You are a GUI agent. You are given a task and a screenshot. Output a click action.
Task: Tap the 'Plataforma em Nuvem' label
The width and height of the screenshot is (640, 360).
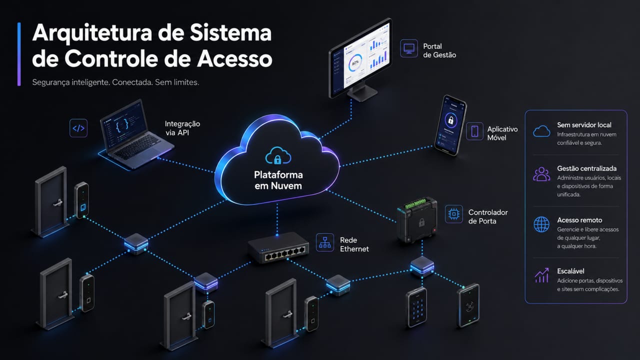click(278, 180)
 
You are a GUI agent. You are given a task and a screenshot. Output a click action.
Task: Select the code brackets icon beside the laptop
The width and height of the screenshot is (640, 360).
click(78, 128)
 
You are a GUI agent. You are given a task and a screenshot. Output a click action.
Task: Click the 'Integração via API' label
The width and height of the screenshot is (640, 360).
click(182, 128)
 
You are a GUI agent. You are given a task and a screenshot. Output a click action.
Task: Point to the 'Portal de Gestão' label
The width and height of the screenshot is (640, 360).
click(439, 50)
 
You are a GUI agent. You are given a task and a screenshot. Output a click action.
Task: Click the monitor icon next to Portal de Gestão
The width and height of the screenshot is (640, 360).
click(409, 48)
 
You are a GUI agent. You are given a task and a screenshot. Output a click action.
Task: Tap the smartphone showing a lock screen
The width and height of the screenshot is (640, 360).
click(450, 125)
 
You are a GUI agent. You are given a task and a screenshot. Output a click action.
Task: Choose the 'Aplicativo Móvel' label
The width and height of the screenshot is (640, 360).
click(502, 133)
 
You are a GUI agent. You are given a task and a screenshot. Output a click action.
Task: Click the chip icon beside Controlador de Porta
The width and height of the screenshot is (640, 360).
click(453, 214)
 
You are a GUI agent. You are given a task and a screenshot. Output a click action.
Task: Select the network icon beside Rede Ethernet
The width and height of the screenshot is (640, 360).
click(325, 242)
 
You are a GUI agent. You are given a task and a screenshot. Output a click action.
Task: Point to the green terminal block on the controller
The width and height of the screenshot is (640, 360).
click(415, 203)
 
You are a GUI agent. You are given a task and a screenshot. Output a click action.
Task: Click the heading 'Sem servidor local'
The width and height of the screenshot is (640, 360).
click(584, 125)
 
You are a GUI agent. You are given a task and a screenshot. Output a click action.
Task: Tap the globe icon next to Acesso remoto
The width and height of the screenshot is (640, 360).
click(541, 224)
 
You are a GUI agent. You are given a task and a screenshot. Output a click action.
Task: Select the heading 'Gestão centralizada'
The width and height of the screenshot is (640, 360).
click(586, 168)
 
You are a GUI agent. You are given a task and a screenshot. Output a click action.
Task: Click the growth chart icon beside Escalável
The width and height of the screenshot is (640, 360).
click(541, 275)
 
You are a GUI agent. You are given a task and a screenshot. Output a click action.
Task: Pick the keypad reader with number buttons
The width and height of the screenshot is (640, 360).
click(416, 307)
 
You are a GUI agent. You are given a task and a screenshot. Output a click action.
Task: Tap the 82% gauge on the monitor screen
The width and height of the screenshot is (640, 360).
click(355, 62)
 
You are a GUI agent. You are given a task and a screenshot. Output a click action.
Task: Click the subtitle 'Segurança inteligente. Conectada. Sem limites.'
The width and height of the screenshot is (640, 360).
click(115, 82)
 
